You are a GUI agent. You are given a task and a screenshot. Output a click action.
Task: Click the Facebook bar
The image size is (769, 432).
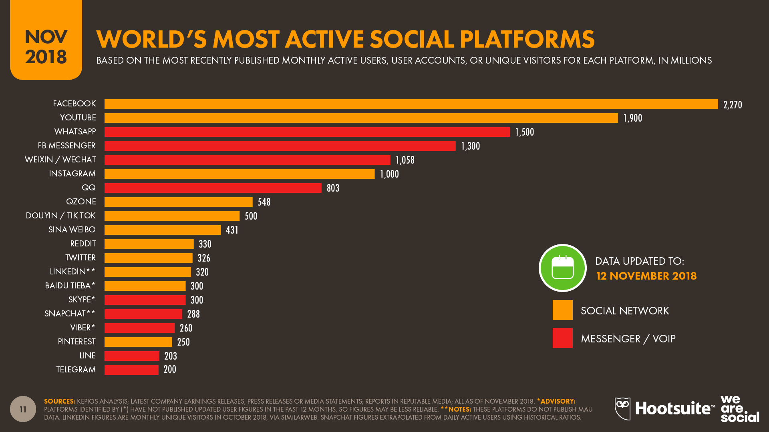pos(411,104)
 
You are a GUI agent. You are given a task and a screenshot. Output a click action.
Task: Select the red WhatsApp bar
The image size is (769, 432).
pos(307,132)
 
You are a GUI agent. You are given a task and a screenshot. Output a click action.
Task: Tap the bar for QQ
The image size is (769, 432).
pos(213,188)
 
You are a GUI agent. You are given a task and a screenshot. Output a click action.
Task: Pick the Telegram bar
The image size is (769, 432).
pos(131,370)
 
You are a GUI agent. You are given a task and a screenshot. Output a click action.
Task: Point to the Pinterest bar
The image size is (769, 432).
pos(138,342)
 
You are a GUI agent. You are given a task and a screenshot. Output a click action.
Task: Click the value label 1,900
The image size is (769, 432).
pos(632,118)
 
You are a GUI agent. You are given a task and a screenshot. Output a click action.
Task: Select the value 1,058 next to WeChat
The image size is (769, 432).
pos(405,160)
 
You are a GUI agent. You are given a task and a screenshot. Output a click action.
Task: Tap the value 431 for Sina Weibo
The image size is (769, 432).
pos(232,230)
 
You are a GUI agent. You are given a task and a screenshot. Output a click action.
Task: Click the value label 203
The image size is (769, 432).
pos(171,356)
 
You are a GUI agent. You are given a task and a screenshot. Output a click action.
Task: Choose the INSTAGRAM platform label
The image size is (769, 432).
pos(72,174)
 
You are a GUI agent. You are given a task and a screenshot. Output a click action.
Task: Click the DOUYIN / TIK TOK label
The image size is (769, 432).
pos(60,216)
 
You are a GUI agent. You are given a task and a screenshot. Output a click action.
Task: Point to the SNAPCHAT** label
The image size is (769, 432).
pos(70,314)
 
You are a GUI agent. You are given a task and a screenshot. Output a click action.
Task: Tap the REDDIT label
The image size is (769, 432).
pos(83,244)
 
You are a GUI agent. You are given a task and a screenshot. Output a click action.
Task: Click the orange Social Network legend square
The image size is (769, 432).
pos(562,310)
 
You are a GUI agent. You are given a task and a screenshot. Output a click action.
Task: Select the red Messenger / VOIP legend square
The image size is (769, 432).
pos(562,338)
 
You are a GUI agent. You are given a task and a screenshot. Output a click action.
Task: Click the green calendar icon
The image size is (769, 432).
pos(562,268)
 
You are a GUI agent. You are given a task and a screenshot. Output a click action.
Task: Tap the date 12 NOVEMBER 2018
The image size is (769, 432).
pos(646,276)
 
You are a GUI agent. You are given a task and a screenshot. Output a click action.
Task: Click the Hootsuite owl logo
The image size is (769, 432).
pos(622,408)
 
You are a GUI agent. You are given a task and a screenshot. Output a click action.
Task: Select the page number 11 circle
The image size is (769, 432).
pos(23,409)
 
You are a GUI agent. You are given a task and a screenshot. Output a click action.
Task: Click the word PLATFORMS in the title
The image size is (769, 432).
pos(527,39)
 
